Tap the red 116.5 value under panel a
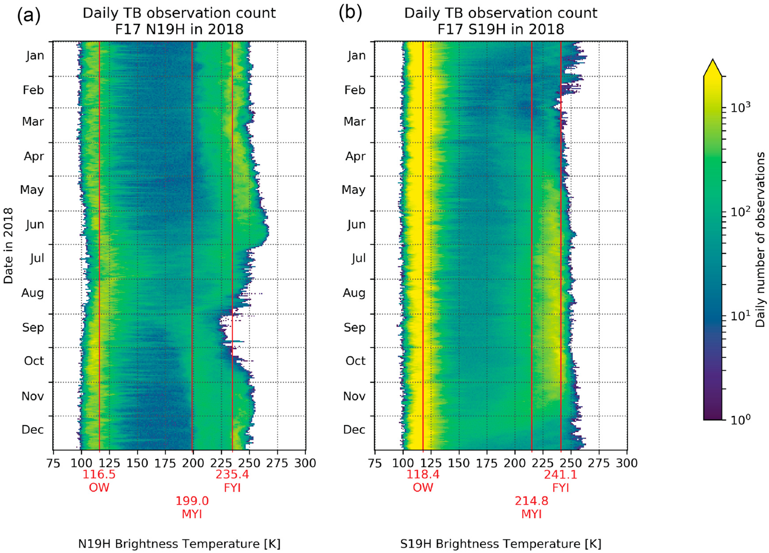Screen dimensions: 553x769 tap(99, 474)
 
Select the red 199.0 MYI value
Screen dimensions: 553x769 tap(192, 501)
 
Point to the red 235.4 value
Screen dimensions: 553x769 tap(232, 474)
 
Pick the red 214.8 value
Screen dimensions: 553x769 tap(531, 501)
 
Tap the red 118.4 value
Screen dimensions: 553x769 tap(423, 474)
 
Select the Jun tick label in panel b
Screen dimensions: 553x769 tap(356, 225)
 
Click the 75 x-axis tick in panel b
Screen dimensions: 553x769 tap(375, 463)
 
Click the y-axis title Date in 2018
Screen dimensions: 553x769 tap(8, 246)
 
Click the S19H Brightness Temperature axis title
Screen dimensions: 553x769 tap(501, 544)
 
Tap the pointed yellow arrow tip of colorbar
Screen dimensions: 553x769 tap(713, 61)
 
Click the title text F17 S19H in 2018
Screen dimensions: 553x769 tap(501, 30)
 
